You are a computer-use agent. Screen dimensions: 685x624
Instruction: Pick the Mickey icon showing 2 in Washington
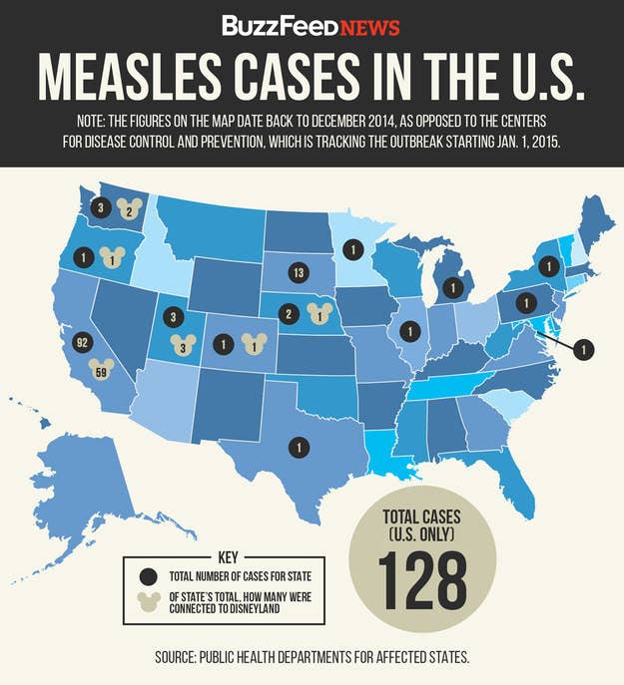[127, 209]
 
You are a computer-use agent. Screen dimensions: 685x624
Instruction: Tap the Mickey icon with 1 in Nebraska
[319, 314]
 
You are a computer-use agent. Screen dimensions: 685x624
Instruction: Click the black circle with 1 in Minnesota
[350, 248]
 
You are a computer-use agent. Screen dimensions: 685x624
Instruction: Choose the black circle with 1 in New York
[547, 266]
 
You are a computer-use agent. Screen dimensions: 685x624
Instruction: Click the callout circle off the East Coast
[586, 349]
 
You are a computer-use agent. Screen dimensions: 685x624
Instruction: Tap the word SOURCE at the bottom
[189, 656]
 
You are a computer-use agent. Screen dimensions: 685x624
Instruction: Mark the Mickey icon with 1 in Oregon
[114, 257]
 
